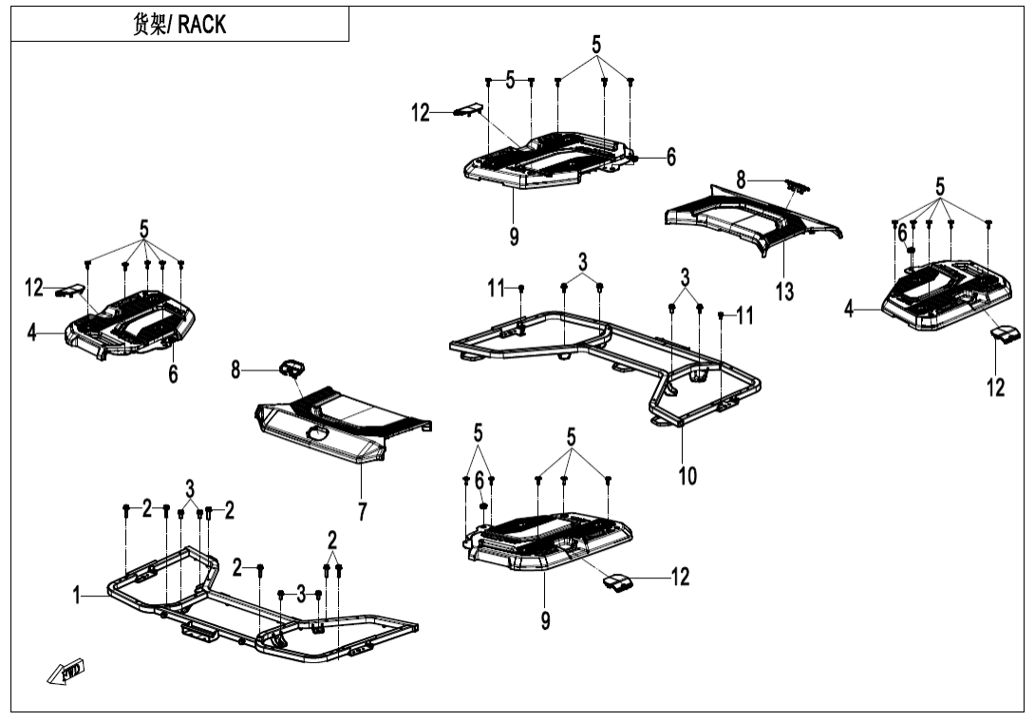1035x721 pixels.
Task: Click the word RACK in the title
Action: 202,24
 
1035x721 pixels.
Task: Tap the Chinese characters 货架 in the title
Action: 149,24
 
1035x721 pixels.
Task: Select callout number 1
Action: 78,596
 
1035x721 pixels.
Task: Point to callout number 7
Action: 362,511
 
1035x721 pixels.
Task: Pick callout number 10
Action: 687,474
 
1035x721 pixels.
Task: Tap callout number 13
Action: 784,292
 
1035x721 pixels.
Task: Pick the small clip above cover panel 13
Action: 794,185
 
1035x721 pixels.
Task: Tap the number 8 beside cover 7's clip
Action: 236,369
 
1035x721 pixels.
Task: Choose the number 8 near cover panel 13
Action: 742,178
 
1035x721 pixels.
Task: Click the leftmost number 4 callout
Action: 32,333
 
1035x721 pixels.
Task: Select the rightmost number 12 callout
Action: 995,388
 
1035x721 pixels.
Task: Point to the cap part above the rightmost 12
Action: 1005,332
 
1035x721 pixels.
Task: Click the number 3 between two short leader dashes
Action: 301,594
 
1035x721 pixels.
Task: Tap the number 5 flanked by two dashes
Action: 510,80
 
